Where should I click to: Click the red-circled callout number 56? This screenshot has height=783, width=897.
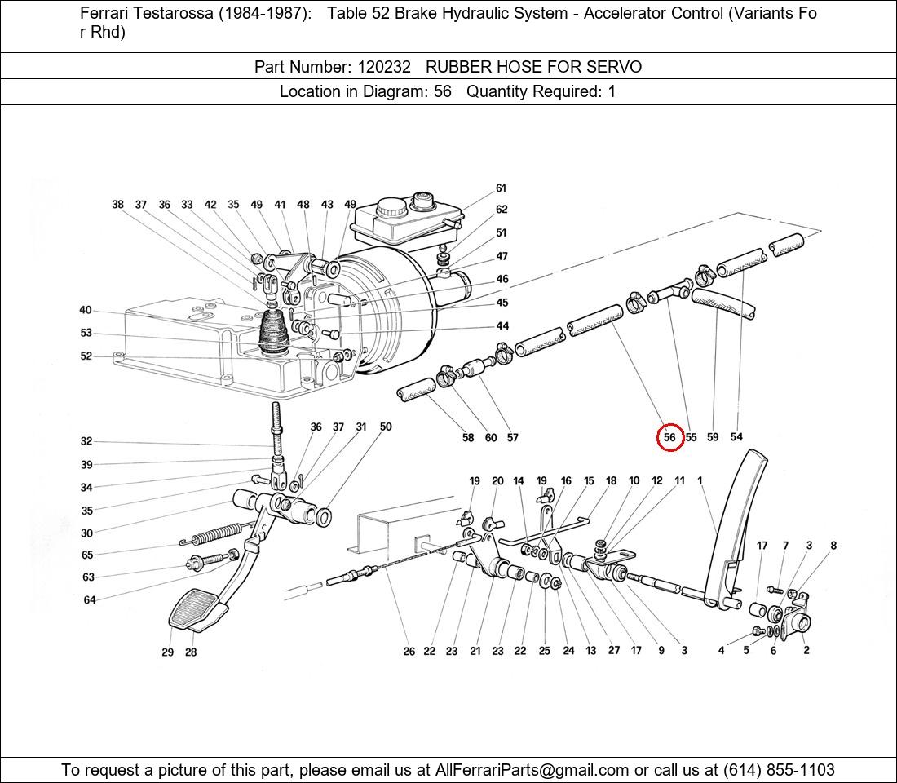tap(669, 437)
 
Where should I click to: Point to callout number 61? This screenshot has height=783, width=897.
tap(501, 188)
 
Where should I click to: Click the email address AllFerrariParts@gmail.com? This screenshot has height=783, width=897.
tap(532, 770)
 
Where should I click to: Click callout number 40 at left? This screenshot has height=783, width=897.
tap(86, 310)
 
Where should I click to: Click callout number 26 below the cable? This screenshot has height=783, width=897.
tap(409, 651)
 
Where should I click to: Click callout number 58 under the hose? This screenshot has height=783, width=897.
tap(467, 438)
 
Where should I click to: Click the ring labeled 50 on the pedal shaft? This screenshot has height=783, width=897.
tap(323, 516)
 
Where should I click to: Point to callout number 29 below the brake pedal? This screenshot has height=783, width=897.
tap(167, 652)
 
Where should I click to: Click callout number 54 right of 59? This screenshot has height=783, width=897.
tap(736, 437)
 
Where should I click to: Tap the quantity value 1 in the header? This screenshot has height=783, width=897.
tap(612, 91)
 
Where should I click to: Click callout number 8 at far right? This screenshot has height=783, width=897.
tap(833, 546)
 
